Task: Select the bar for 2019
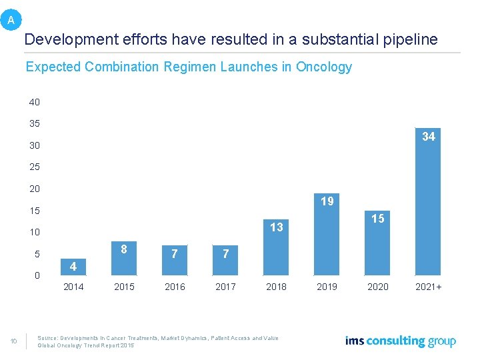pyautogui.click(x=327, y=240)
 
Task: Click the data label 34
pyautogui.click(x=429, y=137)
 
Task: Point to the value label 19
pyautogui.click(x=327, y=201)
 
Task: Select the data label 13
pyautogui.click(x=277, y=227)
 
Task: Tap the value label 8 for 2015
pyautogui.click(x=124, y=249)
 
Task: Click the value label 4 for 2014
pyautogui.click(x=73, y=267)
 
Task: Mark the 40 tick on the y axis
pyautogui.click(x=35, y=102)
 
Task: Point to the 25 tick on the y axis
pyautogui.click(x=35, y=167)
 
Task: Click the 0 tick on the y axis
pyautogui.click(x=37, y=275)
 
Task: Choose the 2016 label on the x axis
pyautogui.click(x=175, y=287)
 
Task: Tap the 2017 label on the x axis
pyautogui.click(x=225, y=287)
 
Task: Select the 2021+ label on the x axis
pyautogui.click(x=429, y=287)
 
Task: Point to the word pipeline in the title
pyautogui.click(x=407, y=39)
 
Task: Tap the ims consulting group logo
pyautogui.click(x=401, y=341)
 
